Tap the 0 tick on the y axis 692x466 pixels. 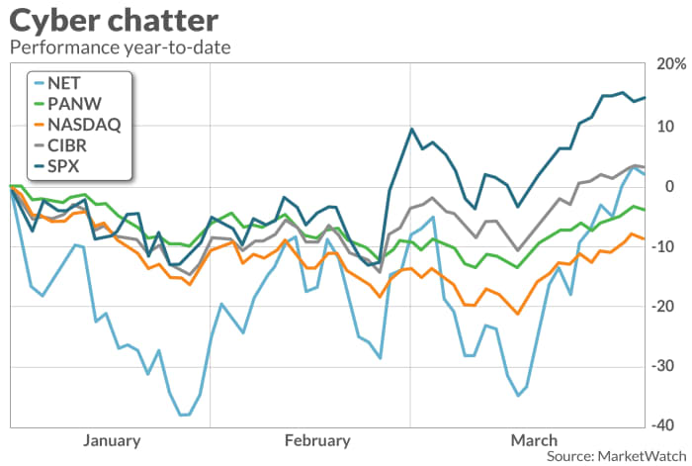[x=671, y=186]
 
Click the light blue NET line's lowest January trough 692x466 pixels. [x=183, y=415]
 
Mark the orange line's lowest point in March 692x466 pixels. [x=518, y=314]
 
